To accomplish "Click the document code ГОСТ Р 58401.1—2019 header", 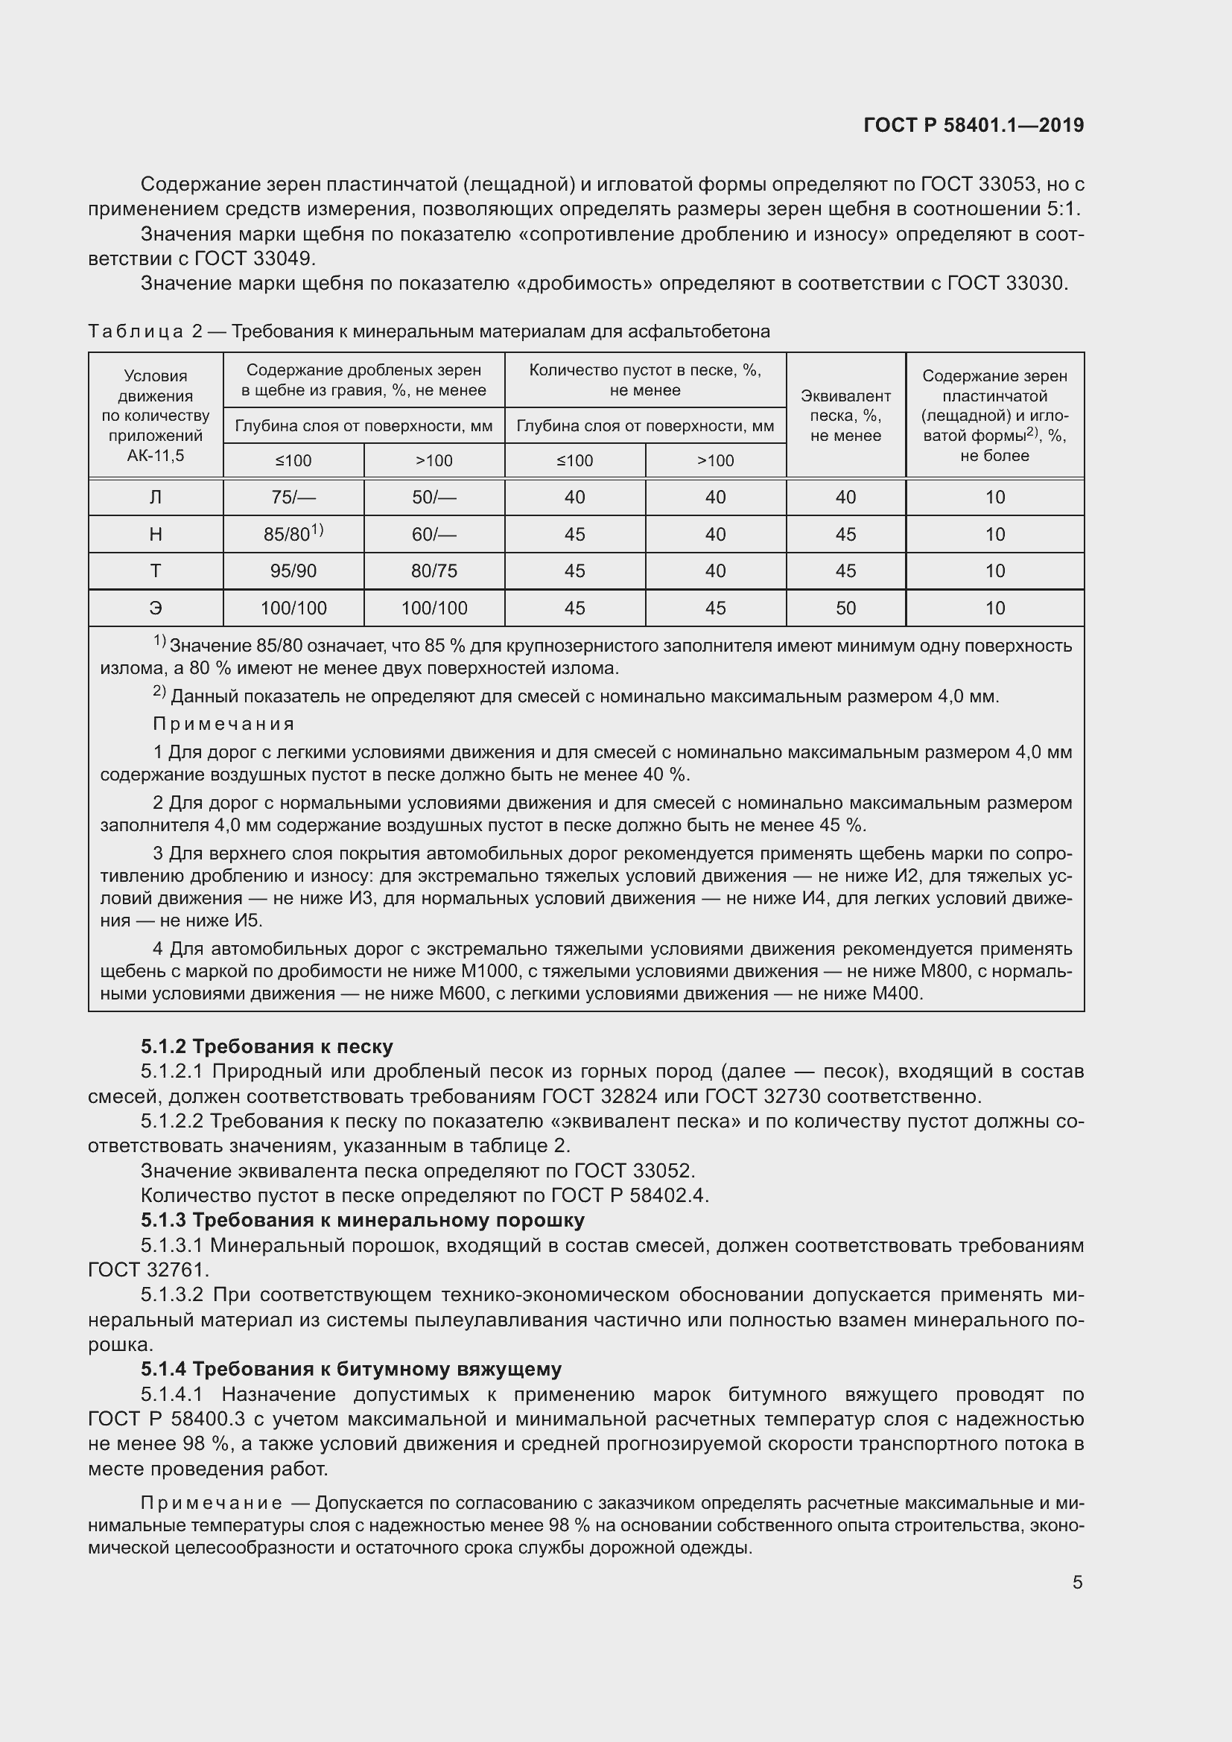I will point(974,125).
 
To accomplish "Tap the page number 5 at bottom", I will point(1077,1582).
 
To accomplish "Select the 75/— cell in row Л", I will point(293,497).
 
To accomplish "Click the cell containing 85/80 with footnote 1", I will point(293,533).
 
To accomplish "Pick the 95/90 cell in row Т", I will point(293,570).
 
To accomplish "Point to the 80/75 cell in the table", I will point(434,570).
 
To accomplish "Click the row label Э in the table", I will point(156,608).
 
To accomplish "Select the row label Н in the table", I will point(156,534).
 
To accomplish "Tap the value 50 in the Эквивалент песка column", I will point(845,608).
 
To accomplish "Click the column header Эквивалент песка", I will point(845,415).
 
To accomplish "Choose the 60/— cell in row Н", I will point(434,534).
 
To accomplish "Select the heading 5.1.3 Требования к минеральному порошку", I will point(362,1220).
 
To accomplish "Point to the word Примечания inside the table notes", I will point(223,724).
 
